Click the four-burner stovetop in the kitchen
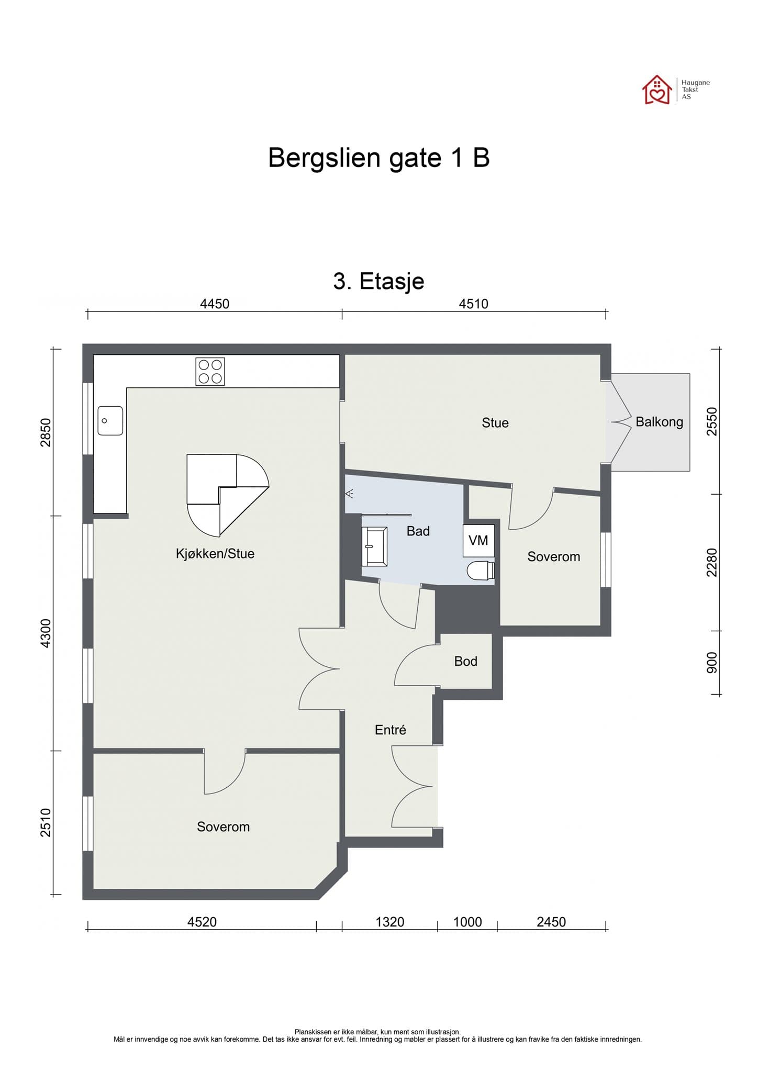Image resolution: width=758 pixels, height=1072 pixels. (210, 372)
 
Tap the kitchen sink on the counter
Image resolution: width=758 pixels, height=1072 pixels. (110, 420)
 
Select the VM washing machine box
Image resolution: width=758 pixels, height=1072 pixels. (478, 541)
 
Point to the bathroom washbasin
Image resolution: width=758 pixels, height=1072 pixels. (374, 546)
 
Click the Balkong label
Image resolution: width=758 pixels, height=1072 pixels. (659, 422)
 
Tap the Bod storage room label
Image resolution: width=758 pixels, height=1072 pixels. (465, 661)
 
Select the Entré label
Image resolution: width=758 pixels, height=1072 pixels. (390, 730)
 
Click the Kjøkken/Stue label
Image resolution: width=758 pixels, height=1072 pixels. (215, 553)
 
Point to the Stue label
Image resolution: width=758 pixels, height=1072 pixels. (495, 423)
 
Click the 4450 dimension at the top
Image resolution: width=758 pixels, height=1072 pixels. (215, 304)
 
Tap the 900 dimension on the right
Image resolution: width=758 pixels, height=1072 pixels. (711, 663)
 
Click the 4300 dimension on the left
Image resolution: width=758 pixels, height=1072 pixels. (46, 633)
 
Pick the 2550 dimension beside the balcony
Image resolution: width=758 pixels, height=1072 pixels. (711, 421)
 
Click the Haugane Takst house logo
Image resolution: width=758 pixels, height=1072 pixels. (657, 90)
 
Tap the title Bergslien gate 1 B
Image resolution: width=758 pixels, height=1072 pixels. (378, 158)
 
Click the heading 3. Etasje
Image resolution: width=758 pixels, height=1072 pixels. (378, 282)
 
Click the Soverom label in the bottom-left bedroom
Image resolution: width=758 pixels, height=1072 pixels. (223, 827)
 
